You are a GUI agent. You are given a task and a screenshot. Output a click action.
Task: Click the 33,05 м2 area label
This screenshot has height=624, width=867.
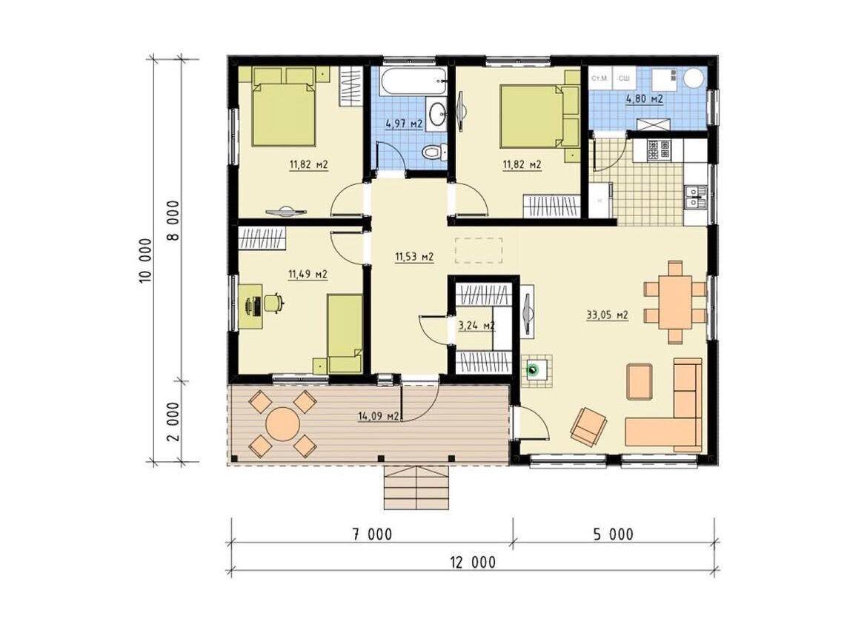tap(607, 315)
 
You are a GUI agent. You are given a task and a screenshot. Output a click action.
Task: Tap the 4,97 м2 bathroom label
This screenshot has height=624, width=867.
tap(404, 124)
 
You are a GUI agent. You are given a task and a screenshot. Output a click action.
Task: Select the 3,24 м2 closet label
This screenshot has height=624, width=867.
tap(476, 326)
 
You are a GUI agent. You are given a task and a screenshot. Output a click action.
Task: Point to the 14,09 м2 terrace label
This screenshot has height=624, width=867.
tap(379, 416)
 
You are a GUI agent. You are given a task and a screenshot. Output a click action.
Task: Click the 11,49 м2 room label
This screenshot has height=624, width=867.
tap(308, 274)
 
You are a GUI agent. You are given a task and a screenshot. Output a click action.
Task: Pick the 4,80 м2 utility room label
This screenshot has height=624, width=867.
tap(644, 99)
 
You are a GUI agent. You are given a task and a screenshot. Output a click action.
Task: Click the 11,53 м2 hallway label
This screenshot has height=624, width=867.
tap(413, 257)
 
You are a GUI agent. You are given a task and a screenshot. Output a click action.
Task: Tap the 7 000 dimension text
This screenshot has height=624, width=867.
tap(372, 534)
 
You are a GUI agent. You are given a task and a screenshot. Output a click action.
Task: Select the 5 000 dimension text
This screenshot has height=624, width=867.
tap(614, 534)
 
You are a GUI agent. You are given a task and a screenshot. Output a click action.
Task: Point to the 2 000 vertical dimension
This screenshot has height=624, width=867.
tap(173, 421)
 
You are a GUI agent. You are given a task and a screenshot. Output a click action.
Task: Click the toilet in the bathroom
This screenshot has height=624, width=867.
tap(434, 151)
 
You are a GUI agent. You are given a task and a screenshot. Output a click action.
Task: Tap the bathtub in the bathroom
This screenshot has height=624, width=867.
tap(413, 81)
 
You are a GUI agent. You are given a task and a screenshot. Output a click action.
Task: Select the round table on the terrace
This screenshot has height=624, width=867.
tap(282, 424)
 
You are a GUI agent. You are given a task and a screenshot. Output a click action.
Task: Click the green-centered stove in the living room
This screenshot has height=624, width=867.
tap(533, 370)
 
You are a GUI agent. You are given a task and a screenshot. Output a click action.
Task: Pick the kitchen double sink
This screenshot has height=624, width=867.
tap(694, 197)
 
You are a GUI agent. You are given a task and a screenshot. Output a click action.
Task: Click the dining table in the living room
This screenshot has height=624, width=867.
tap(674, 302)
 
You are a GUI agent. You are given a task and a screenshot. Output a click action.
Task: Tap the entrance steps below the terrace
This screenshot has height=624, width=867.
tap(416, 488)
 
